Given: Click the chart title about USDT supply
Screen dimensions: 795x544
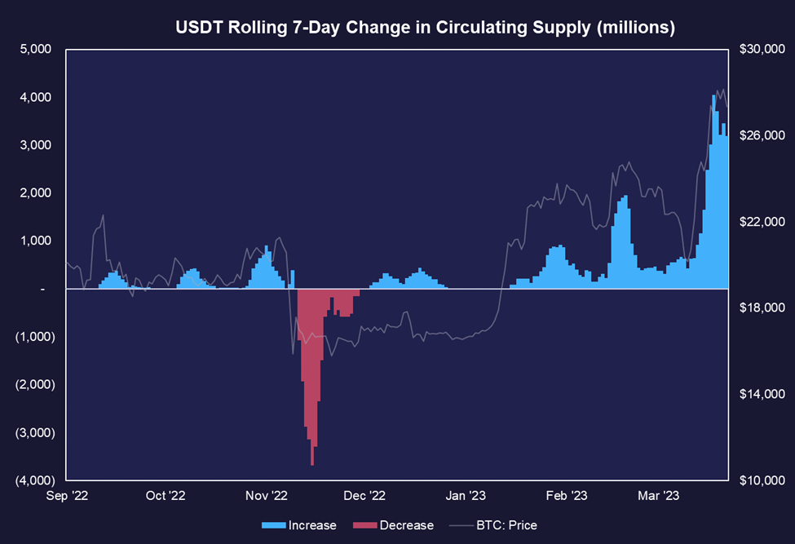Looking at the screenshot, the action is click(425, 27).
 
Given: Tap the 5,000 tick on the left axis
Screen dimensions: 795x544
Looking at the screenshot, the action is click(36, 49).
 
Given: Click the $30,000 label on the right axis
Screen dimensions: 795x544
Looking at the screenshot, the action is click(762, 49).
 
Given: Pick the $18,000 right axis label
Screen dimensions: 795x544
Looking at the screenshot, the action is click(762, 307).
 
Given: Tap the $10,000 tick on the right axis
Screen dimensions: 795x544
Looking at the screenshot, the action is click(762, 480).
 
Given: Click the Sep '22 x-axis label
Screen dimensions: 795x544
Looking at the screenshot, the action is click(67, 495).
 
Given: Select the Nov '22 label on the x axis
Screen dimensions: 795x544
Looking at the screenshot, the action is click(266, 495).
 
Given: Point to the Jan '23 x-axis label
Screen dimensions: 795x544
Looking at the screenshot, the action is click(466, 495).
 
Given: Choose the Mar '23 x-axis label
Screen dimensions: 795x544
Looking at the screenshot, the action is click(658, 495).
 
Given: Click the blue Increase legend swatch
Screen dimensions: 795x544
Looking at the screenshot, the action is click(274, 525).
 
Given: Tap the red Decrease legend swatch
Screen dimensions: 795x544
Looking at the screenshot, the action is click(365, 525).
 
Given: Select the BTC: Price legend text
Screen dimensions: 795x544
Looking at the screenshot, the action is click(506, 525).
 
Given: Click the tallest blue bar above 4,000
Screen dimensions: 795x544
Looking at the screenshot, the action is click(714, 192).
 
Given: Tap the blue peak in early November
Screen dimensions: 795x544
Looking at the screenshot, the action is click(267, 268).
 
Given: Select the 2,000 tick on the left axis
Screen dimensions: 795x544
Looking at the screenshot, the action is click(36, 192).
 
